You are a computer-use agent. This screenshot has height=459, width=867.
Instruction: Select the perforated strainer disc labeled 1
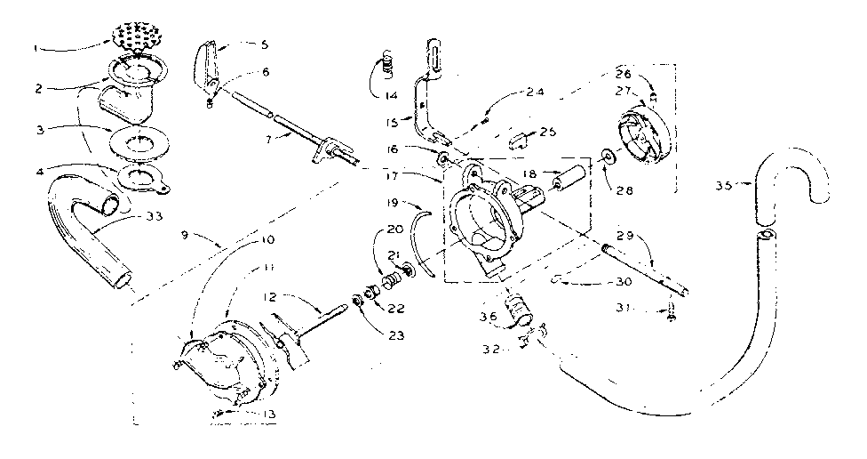point(139,38)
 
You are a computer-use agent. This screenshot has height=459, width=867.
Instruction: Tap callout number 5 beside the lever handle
point(242,44)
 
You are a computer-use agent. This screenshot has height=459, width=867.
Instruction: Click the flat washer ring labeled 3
point(139,141)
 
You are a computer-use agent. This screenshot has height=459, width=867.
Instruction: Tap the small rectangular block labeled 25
point(521,138)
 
